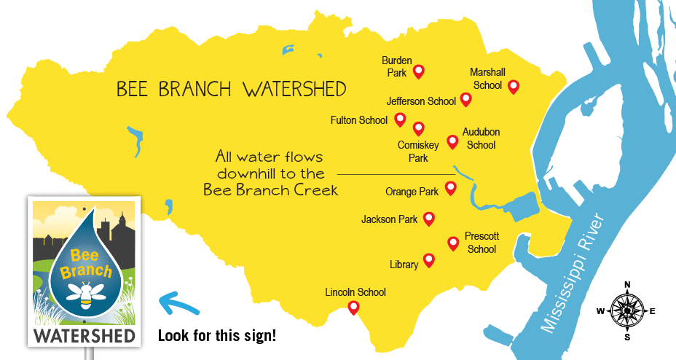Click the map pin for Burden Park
pos(418,71)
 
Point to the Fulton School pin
pos(400,119)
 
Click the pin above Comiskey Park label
pos(418,128)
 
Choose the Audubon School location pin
pos(452,141)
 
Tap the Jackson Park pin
pos(429,218)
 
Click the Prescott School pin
pos(452,242)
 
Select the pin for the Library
pos(429,260)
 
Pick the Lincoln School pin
pos(354,307)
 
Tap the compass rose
pos(626,311)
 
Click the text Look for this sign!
pos(217,337)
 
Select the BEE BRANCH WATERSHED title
pos(231,90)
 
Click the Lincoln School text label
pos(355,292)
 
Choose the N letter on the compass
pos(626,285)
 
